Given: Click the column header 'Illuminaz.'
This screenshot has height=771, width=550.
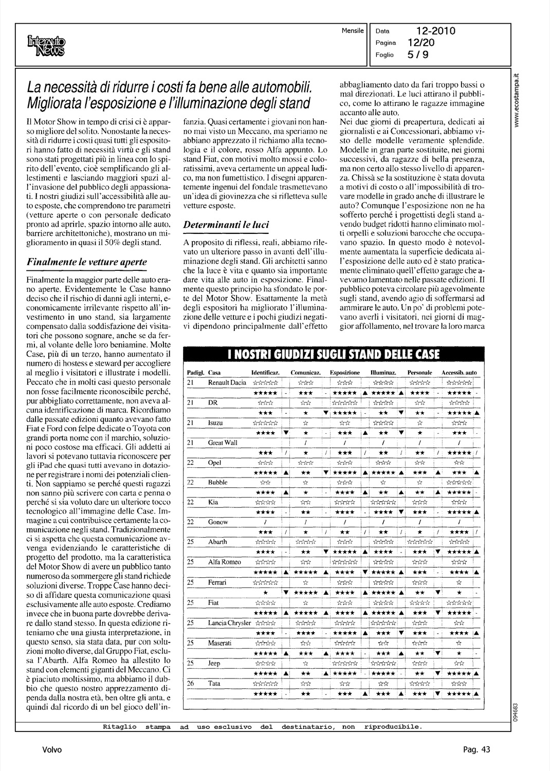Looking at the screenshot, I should [383, 372].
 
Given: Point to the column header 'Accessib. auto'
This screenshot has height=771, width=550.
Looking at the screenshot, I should [459, 372].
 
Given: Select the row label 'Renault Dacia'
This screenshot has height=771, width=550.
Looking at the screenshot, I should [227, 382].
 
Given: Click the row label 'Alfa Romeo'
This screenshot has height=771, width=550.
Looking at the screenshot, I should [224, 562].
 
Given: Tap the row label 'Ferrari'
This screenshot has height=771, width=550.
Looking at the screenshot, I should [217, 582].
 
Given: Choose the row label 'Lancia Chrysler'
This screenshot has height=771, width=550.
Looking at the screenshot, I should [229, 622].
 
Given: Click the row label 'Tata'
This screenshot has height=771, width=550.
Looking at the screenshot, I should [214, 683].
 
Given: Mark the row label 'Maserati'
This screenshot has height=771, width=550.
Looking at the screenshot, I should [219, 642].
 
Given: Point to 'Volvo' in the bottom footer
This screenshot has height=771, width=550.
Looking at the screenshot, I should [52, 749].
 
